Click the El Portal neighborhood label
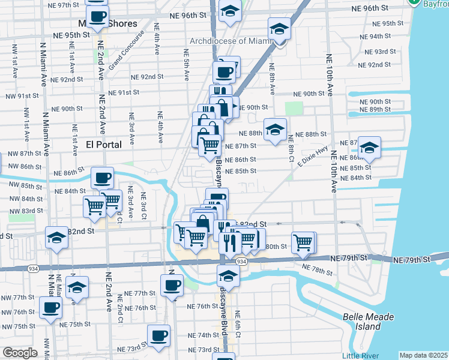[104, 145]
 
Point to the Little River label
[361, 356]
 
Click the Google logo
[20, 353]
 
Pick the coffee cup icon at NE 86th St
[102, 178]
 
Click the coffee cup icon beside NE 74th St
[158, 336]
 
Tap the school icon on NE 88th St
[275, 130]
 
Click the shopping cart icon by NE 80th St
[304, 242]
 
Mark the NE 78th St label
[316, 270]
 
